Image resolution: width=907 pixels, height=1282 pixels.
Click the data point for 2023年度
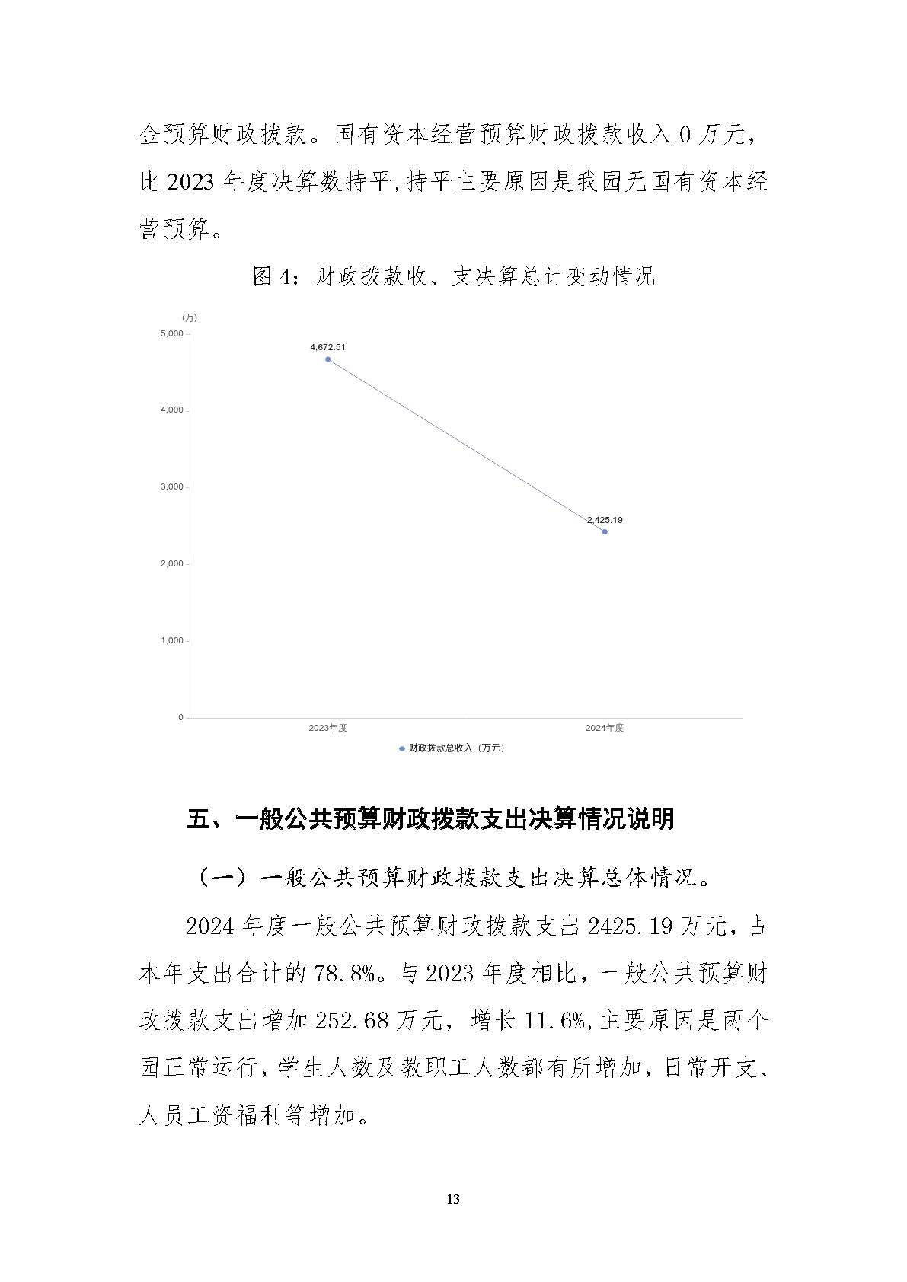(x=327, y=359)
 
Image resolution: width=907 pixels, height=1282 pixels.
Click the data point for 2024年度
(x=605, y=531)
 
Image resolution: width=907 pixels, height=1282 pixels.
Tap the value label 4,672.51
(x=327, y=347)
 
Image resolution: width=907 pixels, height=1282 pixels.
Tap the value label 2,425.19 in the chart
(x=605, y=520)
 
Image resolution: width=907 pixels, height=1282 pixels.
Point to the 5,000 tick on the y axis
(x=171, y=333)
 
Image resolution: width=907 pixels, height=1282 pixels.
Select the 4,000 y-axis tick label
(x=171, y=410)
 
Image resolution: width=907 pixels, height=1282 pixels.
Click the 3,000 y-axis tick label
(x=171, y=487)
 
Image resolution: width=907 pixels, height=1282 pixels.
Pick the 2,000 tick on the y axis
(x=171, y=564)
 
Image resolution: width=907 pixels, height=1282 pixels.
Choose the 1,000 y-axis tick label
(x=171, y=641)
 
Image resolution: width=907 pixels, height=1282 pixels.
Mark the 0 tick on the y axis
(x=181, y=717)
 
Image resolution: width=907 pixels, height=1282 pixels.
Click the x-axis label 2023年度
(x=327, y=728)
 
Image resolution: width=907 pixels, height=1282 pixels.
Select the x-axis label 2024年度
(x=605, y=728)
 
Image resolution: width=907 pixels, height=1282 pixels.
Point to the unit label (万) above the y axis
(x=189, y=317)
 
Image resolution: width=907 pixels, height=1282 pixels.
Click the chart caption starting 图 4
(x=453, y=276)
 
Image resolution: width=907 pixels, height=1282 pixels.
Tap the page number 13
(x=453, y=1200)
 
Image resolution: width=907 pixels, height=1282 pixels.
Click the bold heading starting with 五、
(x=430, y=819)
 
